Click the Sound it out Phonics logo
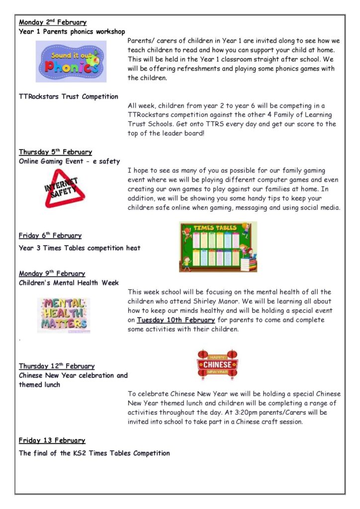[x=71, y=61]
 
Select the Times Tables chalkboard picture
[x=218, y=247]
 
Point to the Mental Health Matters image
[x=64, y=315]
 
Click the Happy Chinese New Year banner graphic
[x=217, y=364]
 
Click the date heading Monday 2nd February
[x=53, y=22]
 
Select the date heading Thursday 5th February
[x=55, y=152]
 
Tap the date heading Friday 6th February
[x=50, y=236]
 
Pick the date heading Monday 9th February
[x=52, y=273]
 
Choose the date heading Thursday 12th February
[x=57, y=366]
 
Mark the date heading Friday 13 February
[x=52, y=440]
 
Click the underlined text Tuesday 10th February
[x=176, y=320]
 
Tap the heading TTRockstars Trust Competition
[x=69, y=96]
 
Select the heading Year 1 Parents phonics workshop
[x=72, y=32]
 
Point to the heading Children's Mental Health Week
[x=69, y=283]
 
